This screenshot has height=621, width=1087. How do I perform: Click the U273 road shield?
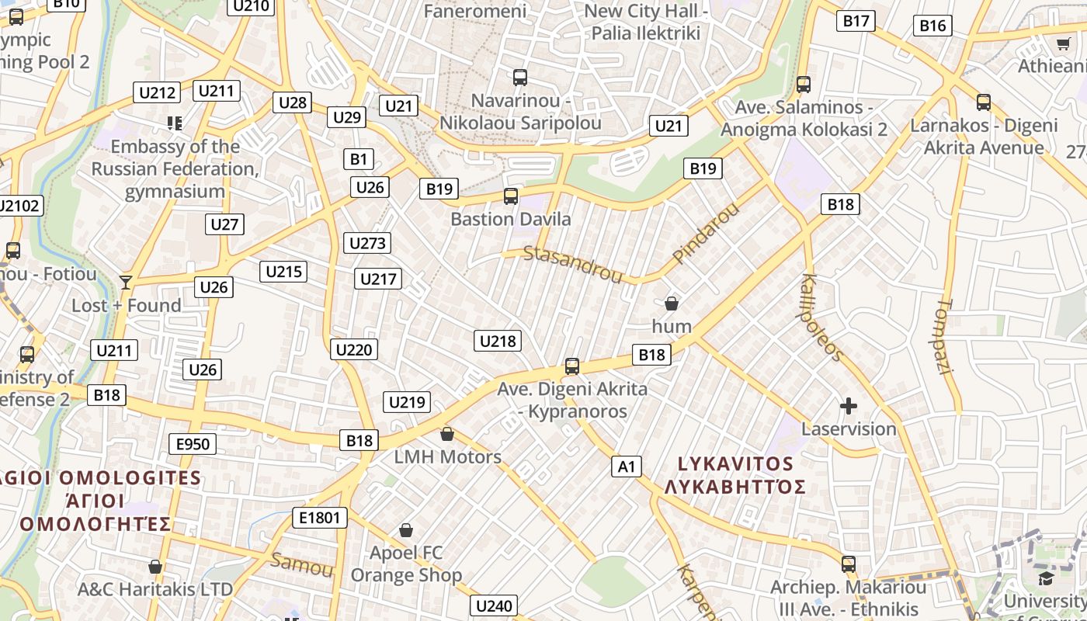[367, 243]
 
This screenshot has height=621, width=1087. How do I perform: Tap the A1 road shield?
[627, 467]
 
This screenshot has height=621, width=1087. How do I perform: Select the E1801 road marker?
[319, 518]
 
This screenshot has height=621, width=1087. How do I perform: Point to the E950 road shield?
[193, 444]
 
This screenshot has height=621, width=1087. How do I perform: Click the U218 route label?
[498, 341]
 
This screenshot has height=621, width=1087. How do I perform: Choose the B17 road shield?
[856, 21]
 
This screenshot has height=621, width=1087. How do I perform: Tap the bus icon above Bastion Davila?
[510, 196]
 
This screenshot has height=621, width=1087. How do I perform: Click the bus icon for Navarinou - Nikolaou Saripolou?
[520, 78]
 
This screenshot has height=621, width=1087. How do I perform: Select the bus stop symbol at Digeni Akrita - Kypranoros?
[572, 366]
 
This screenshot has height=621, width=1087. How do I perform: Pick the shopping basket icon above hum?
[672, 304]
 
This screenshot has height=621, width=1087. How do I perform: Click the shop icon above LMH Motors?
[446, 434]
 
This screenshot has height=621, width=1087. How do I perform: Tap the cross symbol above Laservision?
[849, 406]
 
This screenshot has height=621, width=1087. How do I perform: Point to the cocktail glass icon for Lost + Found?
[126, 283]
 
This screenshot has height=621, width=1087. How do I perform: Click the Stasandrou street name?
[573, 264]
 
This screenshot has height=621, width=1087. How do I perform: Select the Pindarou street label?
[706, 233]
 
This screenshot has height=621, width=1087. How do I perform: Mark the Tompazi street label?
[945, 337]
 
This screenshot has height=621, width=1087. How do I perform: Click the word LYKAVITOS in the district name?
[735, 464]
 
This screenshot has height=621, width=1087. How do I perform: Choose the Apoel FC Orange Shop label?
[406, 564]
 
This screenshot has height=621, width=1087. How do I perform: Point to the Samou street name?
[301, 564]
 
